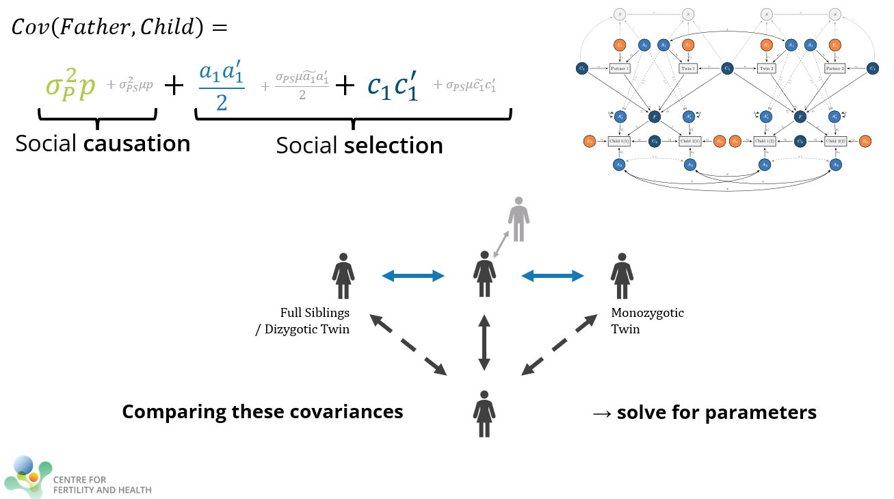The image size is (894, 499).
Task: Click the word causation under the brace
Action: point(142,144)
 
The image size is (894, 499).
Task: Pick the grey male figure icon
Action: point(518,219)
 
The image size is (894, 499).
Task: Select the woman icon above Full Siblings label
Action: point(343,276)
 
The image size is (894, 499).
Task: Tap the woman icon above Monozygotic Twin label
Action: point(621,276)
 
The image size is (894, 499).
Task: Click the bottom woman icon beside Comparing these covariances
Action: point(484,413)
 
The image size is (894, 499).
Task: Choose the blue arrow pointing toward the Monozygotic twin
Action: point(553,276)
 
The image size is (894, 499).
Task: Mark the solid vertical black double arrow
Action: point(484,343)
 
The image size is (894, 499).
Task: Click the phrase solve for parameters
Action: point(716,413)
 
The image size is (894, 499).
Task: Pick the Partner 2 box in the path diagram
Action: point(834,68)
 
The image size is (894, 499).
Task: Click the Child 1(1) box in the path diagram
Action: point(619,141)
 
